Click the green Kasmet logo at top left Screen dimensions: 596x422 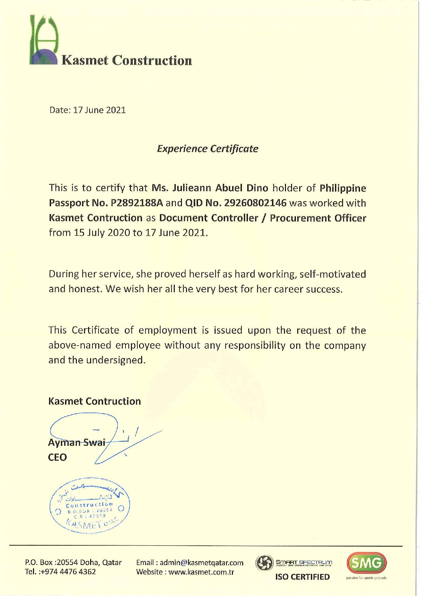44,40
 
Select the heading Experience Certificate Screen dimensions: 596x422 207,149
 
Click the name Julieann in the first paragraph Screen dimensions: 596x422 193,188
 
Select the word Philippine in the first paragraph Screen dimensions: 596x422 343,188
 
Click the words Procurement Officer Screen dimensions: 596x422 318,218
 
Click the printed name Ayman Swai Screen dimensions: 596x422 76,443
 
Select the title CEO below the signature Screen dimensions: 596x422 57,457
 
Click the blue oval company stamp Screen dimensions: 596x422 88,508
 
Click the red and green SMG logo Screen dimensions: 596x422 366,563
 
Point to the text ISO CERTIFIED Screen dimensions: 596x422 302,577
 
